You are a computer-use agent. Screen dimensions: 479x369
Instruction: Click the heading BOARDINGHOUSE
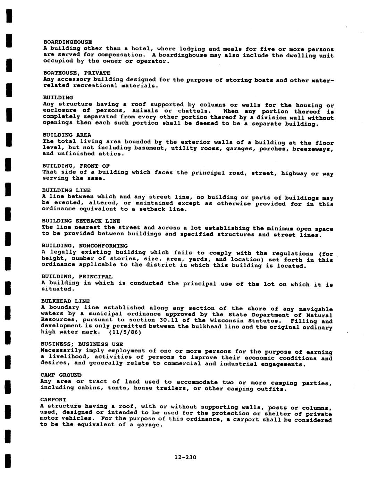tap(67, 42)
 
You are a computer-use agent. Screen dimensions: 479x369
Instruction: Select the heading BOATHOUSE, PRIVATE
tap(77, 73)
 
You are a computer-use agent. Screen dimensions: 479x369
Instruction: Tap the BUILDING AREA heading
tap(67, 135)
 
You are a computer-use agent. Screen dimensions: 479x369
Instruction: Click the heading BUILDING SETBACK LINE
tap(81, 221)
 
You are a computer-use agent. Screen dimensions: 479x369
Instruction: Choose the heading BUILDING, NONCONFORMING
tap(85, 246)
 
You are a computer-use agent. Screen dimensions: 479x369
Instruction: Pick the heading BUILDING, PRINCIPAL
tap(77, 277)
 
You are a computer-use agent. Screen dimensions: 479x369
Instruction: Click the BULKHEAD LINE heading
tap(65, 301)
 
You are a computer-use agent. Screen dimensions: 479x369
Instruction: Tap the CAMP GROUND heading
tap(61, 375)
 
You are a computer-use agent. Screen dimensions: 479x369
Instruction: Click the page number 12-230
tap(185, 457)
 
